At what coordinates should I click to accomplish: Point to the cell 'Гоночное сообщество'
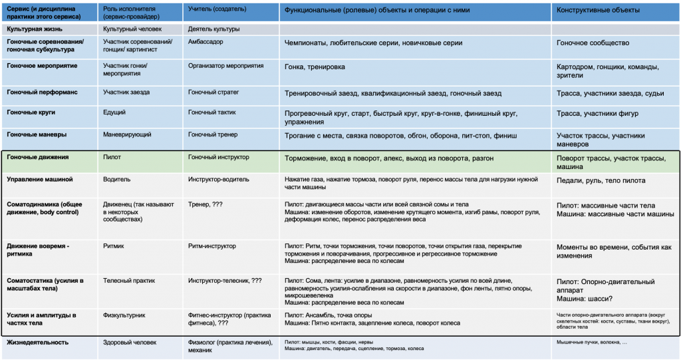click(x=593, y=43)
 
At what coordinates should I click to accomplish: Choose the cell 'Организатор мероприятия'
click(x=225, y=66)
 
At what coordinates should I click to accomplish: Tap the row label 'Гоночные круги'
click(x=33, y=113)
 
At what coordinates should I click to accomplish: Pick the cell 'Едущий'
click(x=114, y=113)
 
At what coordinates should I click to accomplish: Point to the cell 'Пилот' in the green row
click(x=112, y=157)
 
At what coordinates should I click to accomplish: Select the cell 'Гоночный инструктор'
click(x=219, y=157)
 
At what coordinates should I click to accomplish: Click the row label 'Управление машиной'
click(x=39, y=179)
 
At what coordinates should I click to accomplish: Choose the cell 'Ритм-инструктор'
click(x=211, y=246)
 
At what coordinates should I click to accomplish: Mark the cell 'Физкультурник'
click(x=124, y=315)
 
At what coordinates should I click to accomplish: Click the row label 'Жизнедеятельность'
click(x=37, y=342)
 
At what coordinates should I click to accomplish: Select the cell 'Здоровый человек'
click(x=130, y=342)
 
